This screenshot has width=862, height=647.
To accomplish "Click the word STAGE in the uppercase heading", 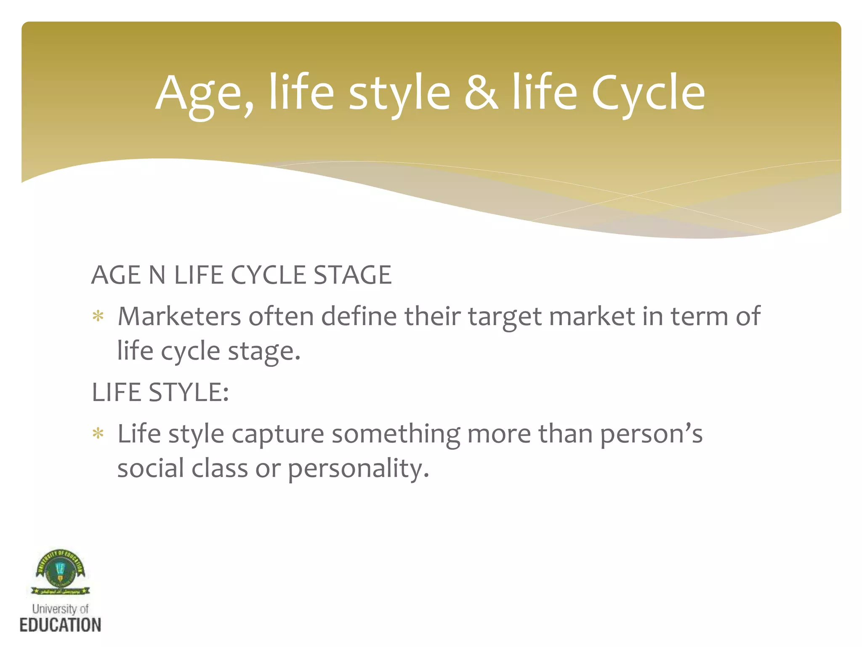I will [352, 275].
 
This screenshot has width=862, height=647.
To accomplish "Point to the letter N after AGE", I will [157, 275].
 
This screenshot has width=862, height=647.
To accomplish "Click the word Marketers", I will [179, 316].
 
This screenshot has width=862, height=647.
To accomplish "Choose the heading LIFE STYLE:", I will [160, 393].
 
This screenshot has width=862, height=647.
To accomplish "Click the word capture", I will [278, 435].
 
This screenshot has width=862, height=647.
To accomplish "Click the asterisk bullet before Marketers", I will [98, 316].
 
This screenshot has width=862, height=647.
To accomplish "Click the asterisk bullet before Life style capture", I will [98, 434].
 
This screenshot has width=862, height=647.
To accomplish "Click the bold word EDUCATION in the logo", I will [60, 625].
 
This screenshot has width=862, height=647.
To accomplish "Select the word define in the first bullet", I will [359, 316].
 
